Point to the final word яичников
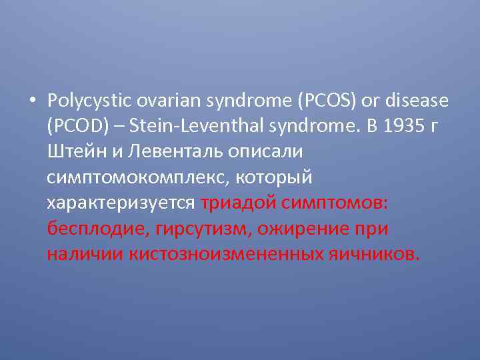point(372,254)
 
